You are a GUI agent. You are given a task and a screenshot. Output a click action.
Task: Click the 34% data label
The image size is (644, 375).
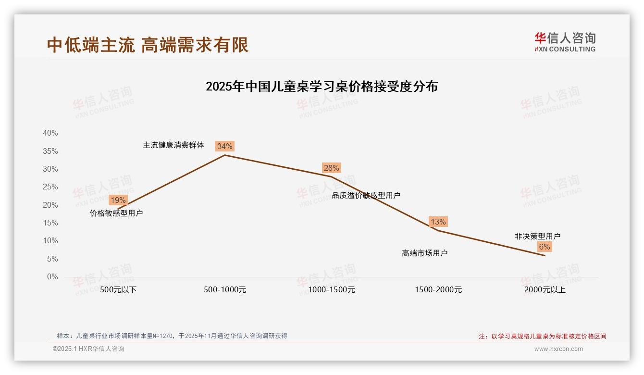[x=224, y=146]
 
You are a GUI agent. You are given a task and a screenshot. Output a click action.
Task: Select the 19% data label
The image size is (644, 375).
[x=118, y=200]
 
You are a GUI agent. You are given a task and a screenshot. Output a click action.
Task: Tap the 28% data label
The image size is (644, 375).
[x=331, y=168]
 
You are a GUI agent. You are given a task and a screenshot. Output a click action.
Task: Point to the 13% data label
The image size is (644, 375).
[x=438, y=222]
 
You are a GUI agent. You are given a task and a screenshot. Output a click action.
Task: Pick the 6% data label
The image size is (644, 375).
[x=544, y=247]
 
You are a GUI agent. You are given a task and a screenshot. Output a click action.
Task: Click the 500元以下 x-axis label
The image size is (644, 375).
[x=118, y=290]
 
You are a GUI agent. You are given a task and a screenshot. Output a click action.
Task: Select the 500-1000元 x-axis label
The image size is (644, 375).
[x=225, y=290]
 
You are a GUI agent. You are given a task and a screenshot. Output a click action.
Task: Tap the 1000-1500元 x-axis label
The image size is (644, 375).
[x=332, y=290]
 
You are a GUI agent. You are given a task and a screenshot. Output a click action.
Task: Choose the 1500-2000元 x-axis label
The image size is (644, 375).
[x=438, y=290]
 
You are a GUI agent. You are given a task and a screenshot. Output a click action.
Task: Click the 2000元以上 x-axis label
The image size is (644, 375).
[x=545, y=290]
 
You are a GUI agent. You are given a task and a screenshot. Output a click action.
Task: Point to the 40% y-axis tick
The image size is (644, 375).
[x=50, y=133]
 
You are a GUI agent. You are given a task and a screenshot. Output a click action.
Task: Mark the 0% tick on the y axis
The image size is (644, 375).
[x=52, y=277]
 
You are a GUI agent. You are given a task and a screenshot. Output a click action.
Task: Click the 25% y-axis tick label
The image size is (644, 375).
[x=50, y=187]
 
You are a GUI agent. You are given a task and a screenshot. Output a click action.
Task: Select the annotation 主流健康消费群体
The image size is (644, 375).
[x=173, y=145]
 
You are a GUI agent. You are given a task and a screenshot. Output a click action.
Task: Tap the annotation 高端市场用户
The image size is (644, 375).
[x=424, y=253]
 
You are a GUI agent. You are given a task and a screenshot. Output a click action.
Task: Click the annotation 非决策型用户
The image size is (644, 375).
[x=537, y=236]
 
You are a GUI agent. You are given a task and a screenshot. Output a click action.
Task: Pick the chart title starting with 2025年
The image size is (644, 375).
[x=322, y=87]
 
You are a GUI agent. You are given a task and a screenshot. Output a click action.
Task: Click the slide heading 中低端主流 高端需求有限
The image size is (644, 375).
[x=148, y=45]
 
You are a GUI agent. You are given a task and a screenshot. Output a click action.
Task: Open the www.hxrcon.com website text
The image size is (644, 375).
[x=558, y=349]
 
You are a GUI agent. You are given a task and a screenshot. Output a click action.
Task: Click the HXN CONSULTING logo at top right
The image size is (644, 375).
[x=565, y=42]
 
